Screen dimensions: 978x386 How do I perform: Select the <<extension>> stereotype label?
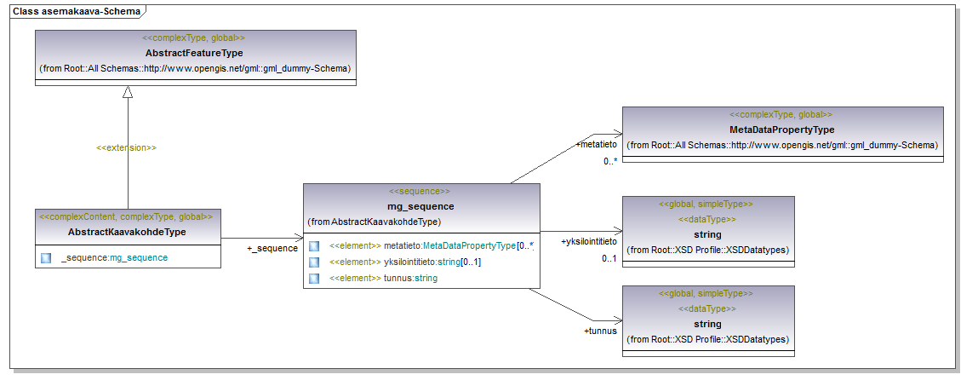126,148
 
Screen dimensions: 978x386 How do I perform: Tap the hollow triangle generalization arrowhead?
128,91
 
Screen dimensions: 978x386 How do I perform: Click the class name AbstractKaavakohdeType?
127,232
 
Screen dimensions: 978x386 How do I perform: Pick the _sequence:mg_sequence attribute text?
114,257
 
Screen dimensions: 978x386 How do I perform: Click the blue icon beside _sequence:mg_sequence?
45,257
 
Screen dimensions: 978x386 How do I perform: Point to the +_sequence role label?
272,248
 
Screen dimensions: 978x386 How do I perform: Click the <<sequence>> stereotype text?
419,191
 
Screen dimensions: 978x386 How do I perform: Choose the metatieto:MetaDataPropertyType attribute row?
432,246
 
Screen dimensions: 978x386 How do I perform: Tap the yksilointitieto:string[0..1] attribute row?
405,262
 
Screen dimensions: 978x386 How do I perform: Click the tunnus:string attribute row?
383,278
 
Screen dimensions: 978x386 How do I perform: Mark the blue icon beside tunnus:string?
314,278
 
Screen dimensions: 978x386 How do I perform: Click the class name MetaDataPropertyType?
781,130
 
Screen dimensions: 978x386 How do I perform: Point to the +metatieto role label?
597,144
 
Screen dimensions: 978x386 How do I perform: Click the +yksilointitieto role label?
589,241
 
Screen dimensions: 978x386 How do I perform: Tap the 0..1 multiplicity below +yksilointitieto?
609,258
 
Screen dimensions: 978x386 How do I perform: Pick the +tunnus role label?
600,331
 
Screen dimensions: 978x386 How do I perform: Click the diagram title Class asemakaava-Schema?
76,10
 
